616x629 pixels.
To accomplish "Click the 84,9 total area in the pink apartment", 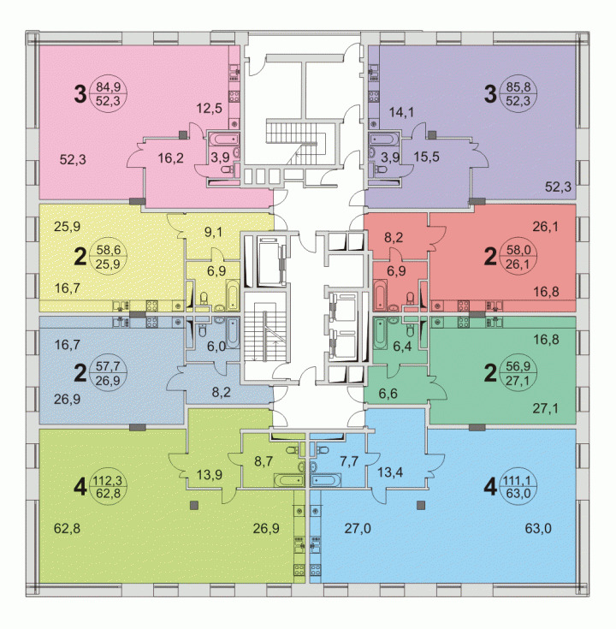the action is coord(109,86).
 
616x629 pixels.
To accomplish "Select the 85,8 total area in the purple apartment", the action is coord(518,86).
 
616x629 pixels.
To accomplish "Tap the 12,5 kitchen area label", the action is coord(210,108).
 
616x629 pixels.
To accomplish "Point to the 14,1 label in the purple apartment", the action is coord(401,112).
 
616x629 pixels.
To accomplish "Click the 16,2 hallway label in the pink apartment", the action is coord(171,157).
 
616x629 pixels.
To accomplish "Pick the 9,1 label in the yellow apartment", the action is coord(213,232).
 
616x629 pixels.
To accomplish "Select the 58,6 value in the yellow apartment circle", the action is coord(109,250).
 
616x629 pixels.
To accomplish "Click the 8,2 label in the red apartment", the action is coord(394,238).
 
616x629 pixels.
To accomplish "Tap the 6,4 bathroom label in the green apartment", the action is coord(402,346).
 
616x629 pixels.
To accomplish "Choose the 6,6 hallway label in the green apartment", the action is coord(388,393).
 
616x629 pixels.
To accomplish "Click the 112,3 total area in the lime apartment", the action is coord(108,480).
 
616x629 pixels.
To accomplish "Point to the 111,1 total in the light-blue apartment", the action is coord(518,480).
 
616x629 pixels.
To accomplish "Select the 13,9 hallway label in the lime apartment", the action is coord(210,475).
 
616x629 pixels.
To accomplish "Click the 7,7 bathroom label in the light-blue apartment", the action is coord(349,461).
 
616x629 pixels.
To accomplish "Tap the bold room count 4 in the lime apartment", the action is coord(80,487).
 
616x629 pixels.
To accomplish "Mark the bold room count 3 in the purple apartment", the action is coord(490,95).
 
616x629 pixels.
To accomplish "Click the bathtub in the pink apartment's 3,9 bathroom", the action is coord(222,139).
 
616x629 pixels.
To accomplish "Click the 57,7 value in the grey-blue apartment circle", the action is coord(109,366).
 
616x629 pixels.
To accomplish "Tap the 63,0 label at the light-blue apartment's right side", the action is coord(538,528).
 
